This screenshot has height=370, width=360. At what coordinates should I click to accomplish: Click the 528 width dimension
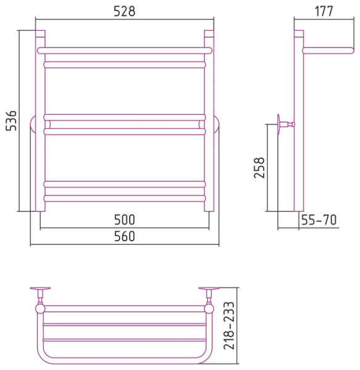(125, 11)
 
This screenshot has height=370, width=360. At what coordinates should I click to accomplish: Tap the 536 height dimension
(11, 121)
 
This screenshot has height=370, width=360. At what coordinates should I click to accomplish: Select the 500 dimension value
(125, 220)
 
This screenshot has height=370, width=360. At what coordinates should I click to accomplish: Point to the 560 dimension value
(125, 236)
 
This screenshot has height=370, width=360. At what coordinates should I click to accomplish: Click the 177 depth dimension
(324, 11)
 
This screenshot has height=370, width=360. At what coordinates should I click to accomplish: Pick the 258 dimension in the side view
(260, 168)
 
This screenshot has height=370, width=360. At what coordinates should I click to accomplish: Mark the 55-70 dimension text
(319, 220)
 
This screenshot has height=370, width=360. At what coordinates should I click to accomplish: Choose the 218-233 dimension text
(229, 326)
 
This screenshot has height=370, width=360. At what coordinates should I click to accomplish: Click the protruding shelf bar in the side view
(328, 51)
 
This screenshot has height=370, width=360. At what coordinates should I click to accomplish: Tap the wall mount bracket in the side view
(285, 124)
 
